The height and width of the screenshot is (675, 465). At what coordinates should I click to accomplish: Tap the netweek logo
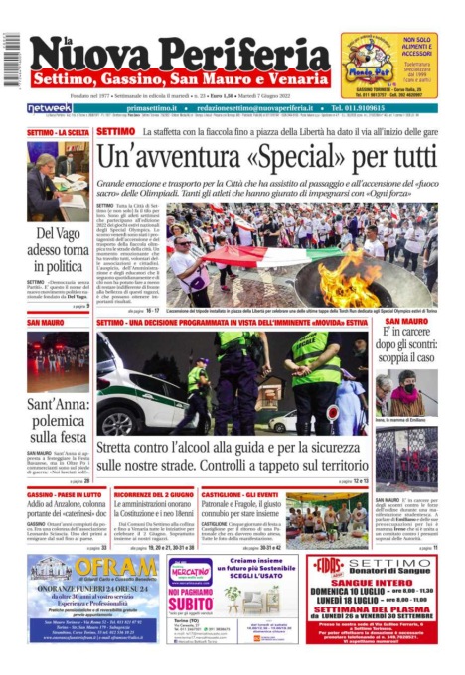pyautogui.click(x=49, y=108)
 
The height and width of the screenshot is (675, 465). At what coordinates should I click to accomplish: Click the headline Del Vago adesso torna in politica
pyautogui.click(x=58, y=249)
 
